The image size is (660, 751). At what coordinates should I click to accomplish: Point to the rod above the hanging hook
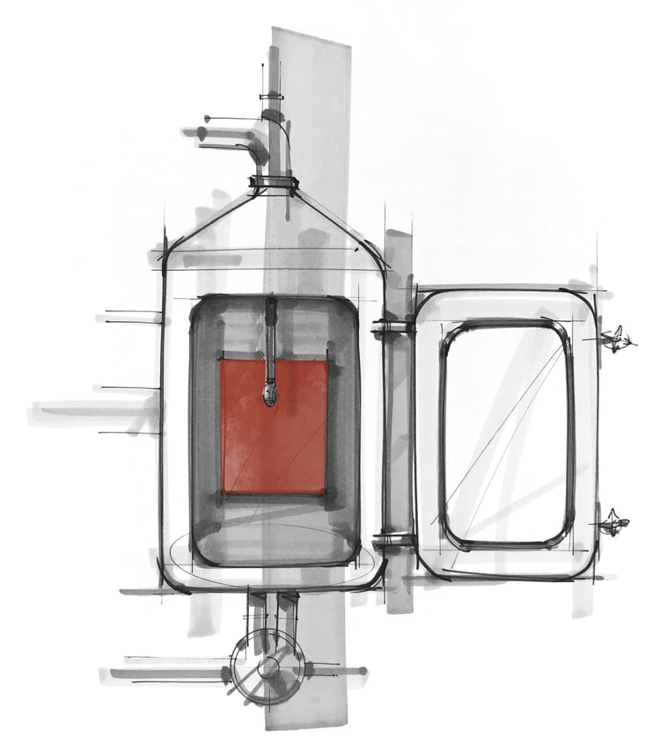coord(271,334)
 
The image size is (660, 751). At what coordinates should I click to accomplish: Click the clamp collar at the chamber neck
coord(274,184)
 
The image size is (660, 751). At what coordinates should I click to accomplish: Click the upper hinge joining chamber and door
coord(392,327)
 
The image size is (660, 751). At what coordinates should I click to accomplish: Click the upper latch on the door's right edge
coord(616,339)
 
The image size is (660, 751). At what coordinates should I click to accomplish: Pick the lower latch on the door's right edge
coord(613,525)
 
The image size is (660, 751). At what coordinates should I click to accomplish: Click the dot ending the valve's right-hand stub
coord(363,671)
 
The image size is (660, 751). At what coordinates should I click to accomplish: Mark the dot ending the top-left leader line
coord(208,118)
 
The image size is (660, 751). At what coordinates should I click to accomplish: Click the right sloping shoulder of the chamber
coord(348,224)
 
